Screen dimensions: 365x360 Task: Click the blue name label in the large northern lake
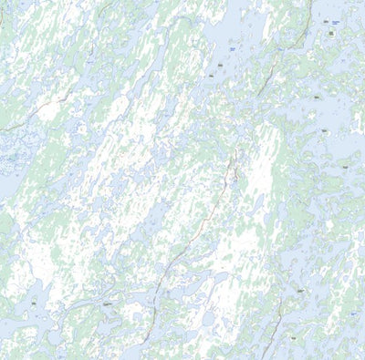[233, 47]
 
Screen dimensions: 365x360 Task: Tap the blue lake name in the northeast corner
[336, 19]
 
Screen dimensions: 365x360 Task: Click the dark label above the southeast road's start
[298, 289]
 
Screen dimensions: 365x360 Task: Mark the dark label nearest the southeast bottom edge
[293, 339]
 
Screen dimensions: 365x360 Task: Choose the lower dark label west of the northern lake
[211, 77]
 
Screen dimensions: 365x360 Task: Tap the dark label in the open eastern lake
[324, 131]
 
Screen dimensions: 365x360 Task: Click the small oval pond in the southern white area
[209, 318]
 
